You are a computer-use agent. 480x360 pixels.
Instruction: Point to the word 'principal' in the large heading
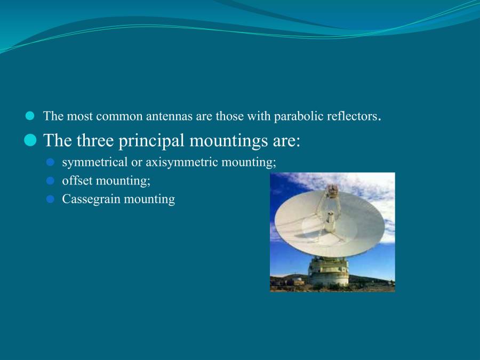point(151,141)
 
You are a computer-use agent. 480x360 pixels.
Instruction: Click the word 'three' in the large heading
point(95,140)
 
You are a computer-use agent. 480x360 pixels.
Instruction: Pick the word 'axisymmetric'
point(181,162)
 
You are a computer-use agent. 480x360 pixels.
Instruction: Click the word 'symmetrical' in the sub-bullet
point(94,162)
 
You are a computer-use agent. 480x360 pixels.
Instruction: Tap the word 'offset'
point(77,181)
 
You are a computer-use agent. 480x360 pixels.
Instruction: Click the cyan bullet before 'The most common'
point(30,116)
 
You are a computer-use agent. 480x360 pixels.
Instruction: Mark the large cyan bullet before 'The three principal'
point(30,140)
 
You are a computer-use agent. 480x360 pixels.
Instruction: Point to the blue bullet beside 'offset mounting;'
point(50,181)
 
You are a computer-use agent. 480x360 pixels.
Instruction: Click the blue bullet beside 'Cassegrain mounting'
point(50,199)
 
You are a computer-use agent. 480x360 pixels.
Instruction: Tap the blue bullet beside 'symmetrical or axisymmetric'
point(50,162)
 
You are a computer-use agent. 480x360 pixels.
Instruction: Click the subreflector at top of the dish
point(332,190)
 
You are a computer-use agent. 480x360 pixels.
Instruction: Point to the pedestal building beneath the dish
point(329,271)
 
